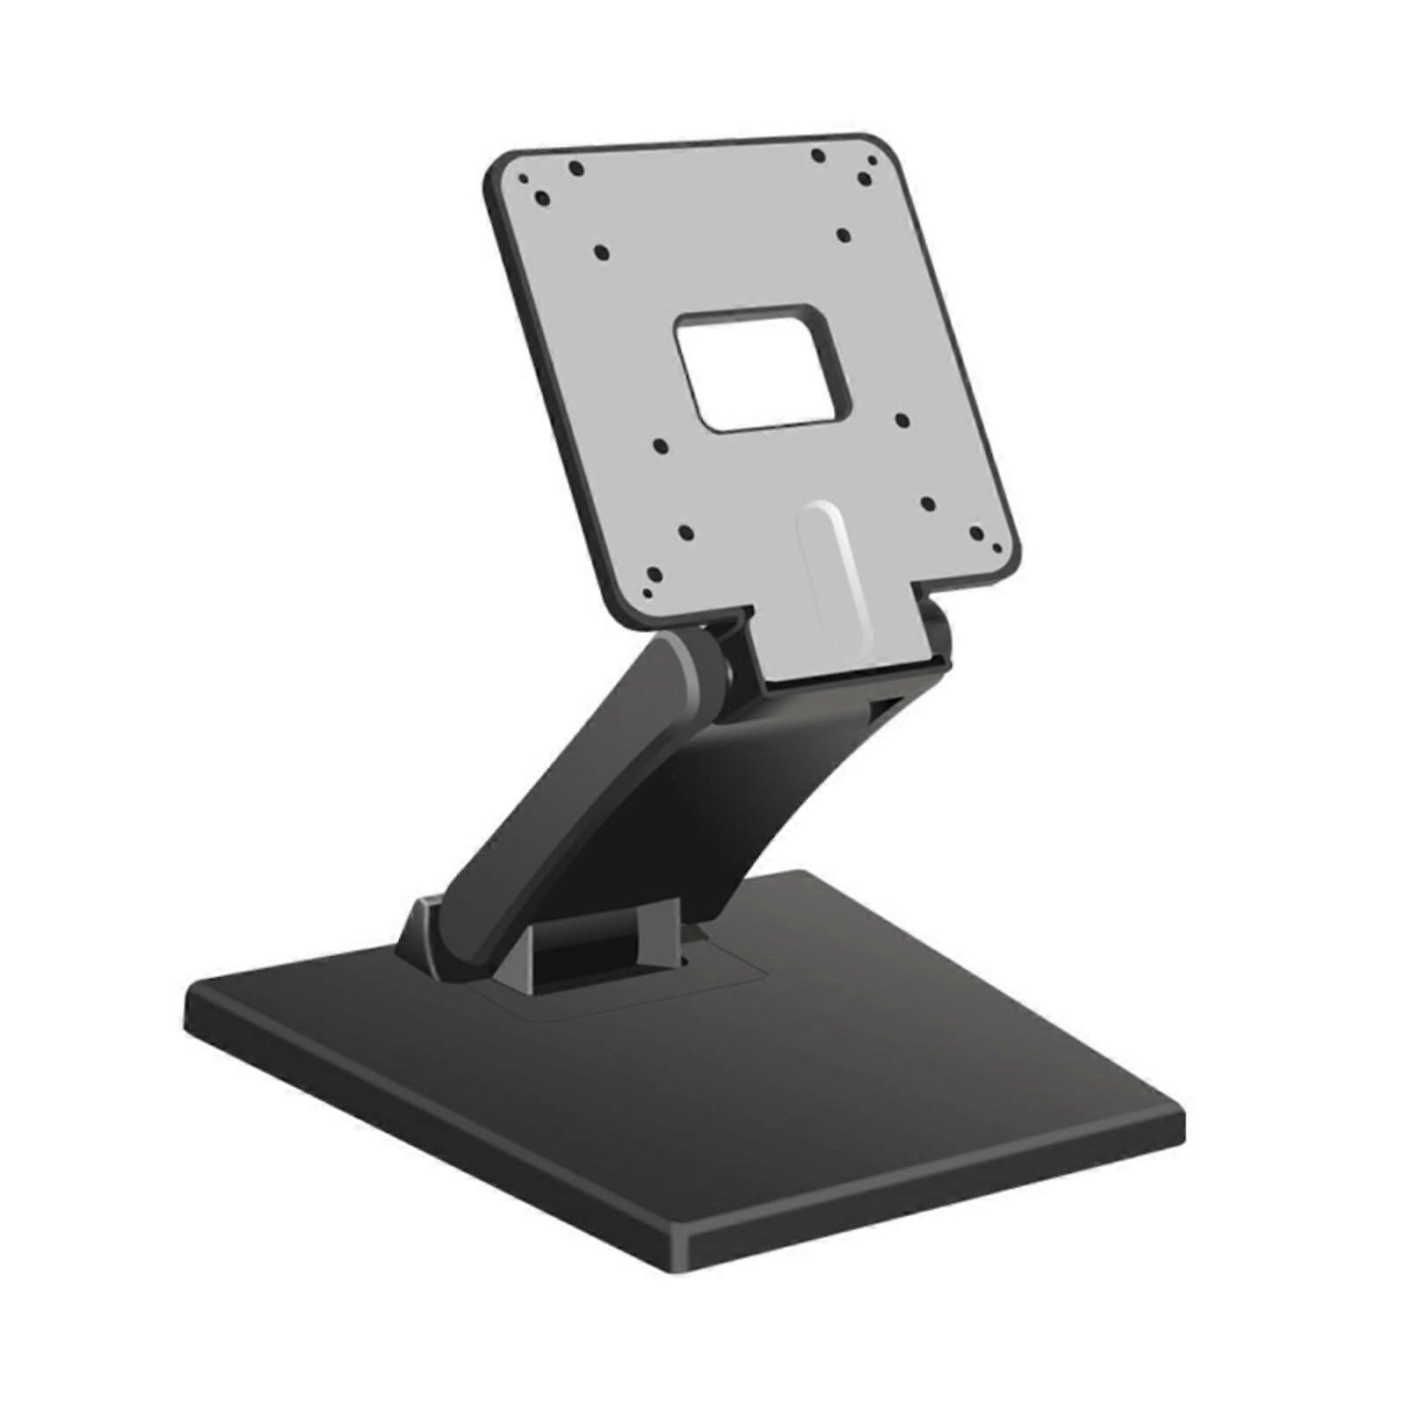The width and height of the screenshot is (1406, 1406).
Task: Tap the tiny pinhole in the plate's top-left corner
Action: coord(524,178)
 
